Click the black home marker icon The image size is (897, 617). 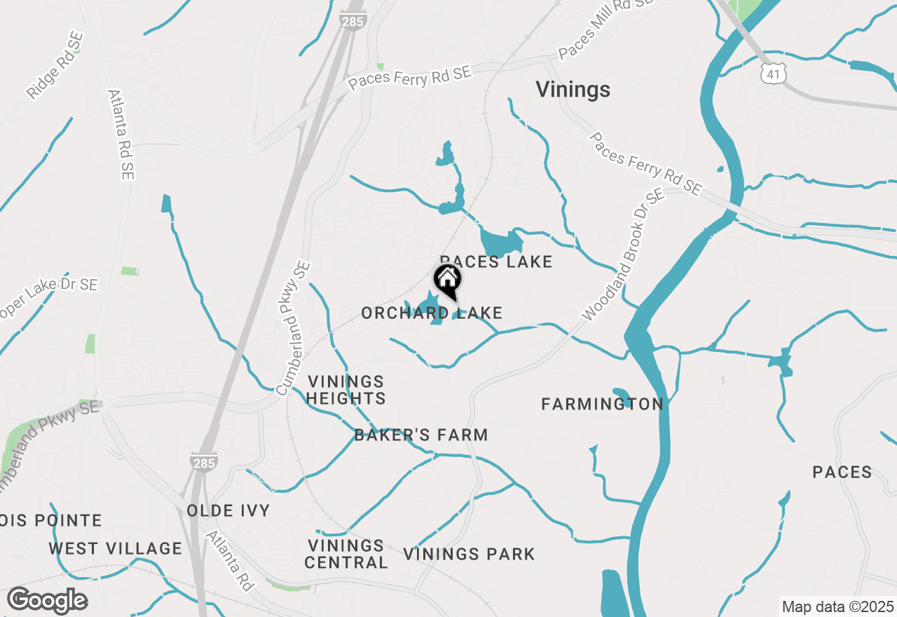(x=448, y=280)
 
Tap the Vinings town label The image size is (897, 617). (x=573, y=90)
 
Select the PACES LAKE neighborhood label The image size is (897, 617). (x=496, y=262)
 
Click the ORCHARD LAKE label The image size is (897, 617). (x=432, y=313)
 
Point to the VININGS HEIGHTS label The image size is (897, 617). (x=347, y=390)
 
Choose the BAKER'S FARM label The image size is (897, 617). (x=421, y=435)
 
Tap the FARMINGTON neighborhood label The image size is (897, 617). (x=602, y=404)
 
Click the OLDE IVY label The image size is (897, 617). (x=228, y=510)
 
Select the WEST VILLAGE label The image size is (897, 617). (x=115, y=548)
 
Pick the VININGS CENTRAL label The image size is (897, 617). (x=346, y=554)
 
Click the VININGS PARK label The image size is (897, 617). (x=469, y=554)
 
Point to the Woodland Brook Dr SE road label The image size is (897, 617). (x=622, y=257)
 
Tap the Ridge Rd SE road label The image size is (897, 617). (x=55, y=65)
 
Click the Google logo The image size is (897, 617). (x=47, y=601)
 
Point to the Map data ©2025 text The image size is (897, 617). (x=837, y=606)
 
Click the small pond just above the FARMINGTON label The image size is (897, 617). (x=622, y=394)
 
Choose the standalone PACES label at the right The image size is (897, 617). (x=842, y=472)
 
